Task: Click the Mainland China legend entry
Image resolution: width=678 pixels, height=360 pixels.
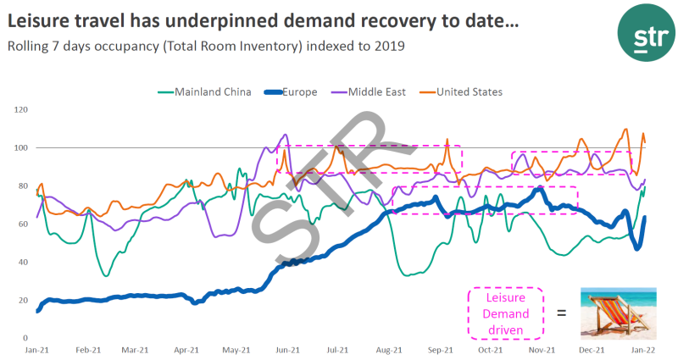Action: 212,92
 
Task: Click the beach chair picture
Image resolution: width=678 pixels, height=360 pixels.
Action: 620,312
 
